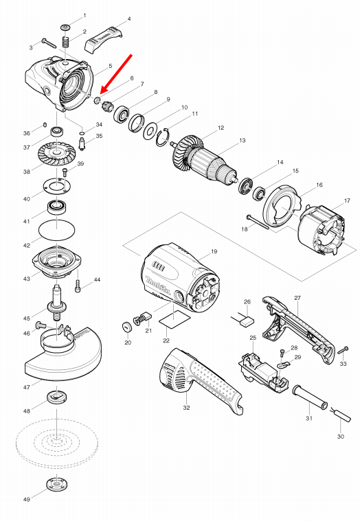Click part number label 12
click(x=221, y=128)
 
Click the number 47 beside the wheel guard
click(x=27, y=388)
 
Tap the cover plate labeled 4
click(x=106, y=41)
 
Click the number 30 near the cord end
click(x=341, y=437)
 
